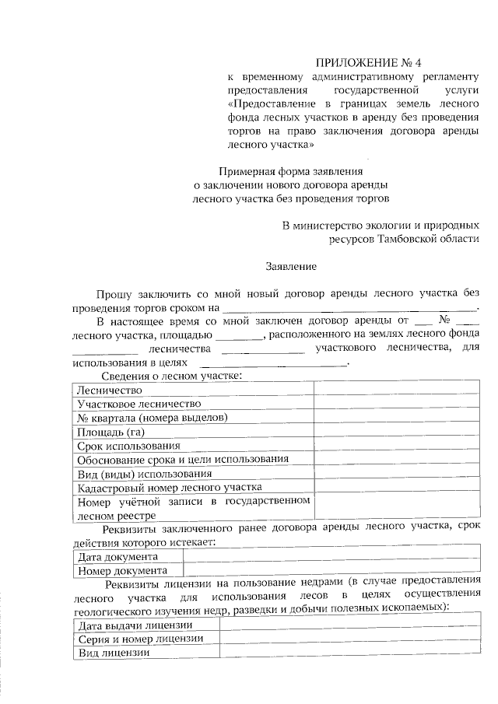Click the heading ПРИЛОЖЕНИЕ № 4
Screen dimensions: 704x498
tap(371, 61)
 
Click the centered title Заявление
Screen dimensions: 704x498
tap(292, 266)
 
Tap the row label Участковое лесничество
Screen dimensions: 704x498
tap(139, 404)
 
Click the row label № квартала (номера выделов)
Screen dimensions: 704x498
tap(152, 418)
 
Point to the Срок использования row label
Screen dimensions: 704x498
tap(129, 446)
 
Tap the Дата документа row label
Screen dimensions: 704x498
tap(117, 557)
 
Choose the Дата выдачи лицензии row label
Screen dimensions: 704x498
tap(135, 625)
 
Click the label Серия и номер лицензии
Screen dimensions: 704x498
tap(141, 639)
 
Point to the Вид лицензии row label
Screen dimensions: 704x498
tap(113, 653)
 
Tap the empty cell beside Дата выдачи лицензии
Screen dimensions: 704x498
tap(349, 625)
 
